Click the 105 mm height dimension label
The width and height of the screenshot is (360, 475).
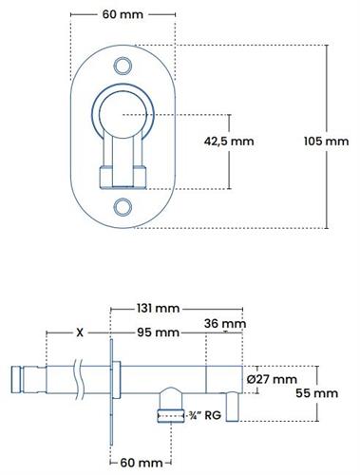coord(326,142)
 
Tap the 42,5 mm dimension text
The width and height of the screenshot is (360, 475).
coord(229,142)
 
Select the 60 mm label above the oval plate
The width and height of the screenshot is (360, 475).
coord(123,14)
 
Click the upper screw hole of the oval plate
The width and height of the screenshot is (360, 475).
coord(123,66)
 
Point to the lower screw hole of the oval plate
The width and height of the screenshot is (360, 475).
coord(123,207)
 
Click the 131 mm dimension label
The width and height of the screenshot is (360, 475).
coord(158,308)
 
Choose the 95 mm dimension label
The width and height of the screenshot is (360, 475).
coord(158,332)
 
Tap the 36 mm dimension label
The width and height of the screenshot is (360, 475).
coord(225,324)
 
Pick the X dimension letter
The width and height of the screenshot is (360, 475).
coord(80,332)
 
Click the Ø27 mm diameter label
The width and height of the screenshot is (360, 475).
coord(272,379)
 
